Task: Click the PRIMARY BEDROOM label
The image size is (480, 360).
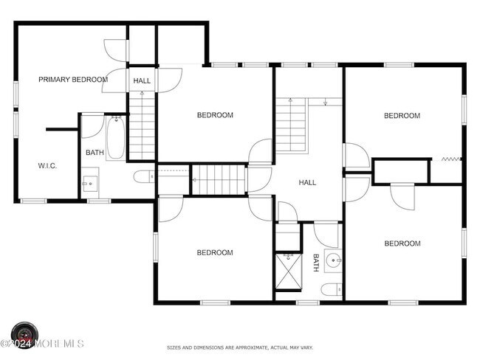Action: click(x=73, y=80)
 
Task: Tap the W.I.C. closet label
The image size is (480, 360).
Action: click(x=47, y=166)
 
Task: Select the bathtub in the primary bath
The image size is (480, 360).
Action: click(x=116, y=138)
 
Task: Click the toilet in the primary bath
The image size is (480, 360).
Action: click(x=144, y=177)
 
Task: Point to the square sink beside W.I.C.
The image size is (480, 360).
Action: click(x=90, y=183)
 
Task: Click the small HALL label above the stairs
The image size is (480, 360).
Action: click(x=142, y=80)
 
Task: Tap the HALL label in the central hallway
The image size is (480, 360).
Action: click(x=307, y=183)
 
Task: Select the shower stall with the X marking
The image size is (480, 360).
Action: click(x=288, y=271)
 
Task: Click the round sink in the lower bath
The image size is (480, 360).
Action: click(x=333, y=260)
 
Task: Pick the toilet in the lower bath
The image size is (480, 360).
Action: click(x=332, y=290)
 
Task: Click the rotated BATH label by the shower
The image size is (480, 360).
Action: click(x=316, y=263)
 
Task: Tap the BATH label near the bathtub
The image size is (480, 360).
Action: click(x=95, y=152)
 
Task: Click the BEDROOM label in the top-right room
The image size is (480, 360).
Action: click(x=402, y=116)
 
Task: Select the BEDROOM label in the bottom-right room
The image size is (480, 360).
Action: click(x=402, y=243)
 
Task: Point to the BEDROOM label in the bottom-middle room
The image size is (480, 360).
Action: click(x=215, y=252)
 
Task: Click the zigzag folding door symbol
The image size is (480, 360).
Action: click(x=451, y=159)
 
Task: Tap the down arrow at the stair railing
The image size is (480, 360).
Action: click(x=326, y=102)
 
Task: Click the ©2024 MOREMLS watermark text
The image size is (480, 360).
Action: click(x=42, y=344)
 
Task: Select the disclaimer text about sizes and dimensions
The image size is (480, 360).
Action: click(x=240, y=347)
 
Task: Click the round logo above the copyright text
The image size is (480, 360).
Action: click(x=25, y=332)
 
